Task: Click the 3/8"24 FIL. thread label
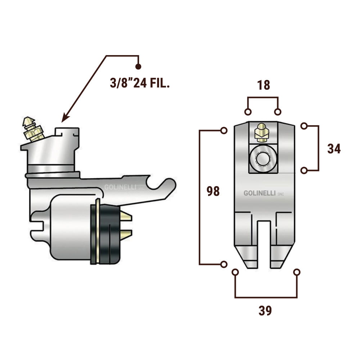point(140,84)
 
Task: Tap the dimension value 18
point(264,85)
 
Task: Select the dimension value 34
point(334,149)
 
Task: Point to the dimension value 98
point(213,191)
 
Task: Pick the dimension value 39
point(265,310)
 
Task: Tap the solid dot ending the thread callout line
point(138,67)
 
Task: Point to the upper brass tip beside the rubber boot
point(126,217)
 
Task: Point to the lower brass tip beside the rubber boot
point(126,235)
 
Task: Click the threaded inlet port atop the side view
point(67,132)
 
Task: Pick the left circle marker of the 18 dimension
point(248,112)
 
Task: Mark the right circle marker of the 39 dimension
point(297,273)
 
